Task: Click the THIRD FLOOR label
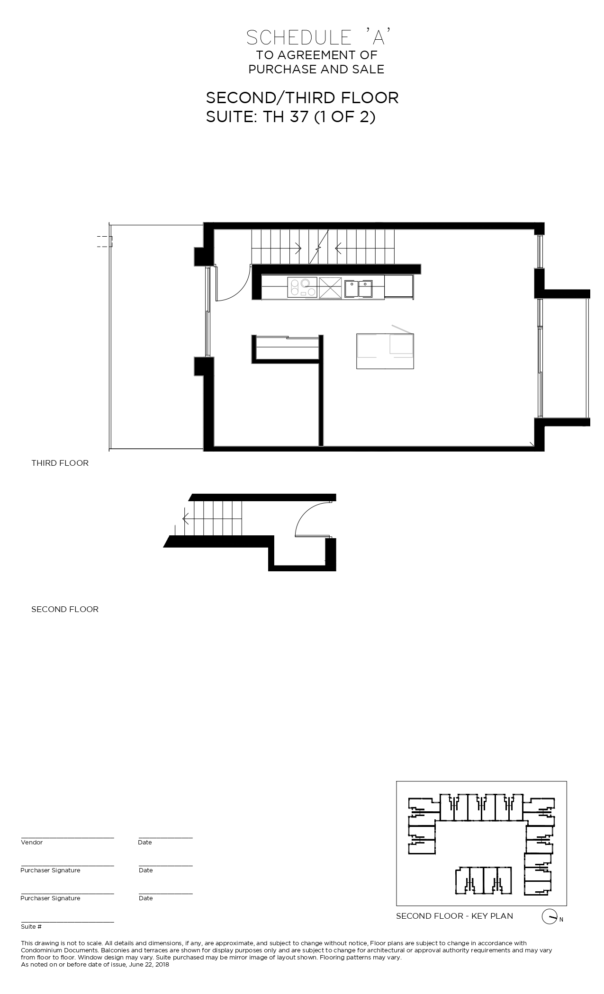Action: [60, 463]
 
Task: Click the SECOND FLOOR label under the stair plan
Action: [65, 609]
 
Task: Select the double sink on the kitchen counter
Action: [358, 289]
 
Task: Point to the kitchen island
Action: [385, 351]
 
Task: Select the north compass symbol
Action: [549, 917]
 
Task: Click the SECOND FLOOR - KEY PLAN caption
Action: [454, 916]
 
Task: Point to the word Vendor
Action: [32, 843]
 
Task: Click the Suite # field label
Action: [31, 927]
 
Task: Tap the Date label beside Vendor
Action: [145, 843]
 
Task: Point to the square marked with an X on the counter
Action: [330, 288]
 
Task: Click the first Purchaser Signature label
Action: [50, 870]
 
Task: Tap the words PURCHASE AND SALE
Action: [316, 69]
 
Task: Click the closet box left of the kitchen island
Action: [286, 349]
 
